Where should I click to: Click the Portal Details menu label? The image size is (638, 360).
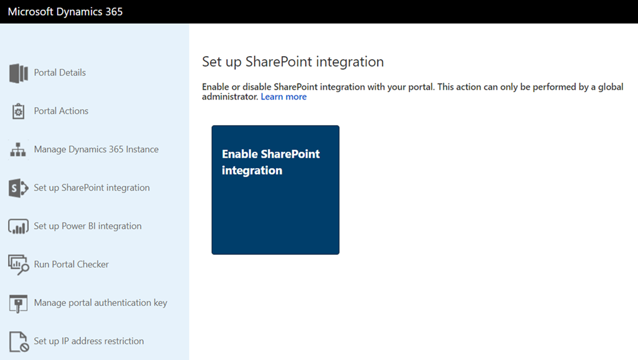pyautogui.click(x=60, y=72)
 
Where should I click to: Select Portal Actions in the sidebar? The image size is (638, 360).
pyautogui.click(x=61, y=111)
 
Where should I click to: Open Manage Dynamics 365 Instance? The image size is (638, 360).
pyautogui.click(x=96, y=149)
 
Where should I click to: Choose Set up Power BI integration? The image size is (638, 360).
pyautogui.click(x=87, y=225)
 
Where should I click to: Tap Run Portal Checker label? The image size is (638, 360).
pyautogui.click(x=71, y=264)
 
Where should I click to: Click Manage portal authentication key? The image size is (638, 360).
pyautogui.click(x=100, y=303)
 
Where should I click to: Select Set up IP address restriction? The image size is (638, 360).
pyautogui.click(x=88, y=341)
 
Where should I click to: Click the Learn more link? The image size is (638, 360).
pyautogui.click(x=283, y=97)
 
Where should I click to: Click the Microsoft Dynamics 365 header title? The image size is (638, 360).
pyautogui.click(x=65, y=11)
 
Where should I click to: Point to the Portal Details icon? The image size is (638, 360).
pyautogui.click(x=18, y=73)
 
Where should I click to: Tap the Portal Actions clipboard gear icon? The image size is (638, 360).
pyautogui.click(x=18, y=111)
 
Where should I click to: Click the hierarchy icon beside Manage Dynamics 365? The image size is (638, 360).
pyautogui.click(x=18, y=149)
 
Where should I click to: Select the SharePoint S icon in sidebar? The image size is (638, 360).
pyautogui.click(x=18, y=188)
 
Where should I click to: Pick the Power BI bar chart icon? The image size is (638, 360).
pyautogui.click(x=18, y=227)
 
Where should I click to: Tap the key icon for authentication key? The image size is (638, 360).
pyautogui.click(x=18, y=303)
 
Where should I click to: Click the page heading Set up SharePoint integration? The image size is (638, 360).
pyautogui.click(x=293, y=62)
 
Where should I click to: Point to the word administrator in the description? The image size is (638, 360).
pyautogui.click(x=231, y=97)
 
